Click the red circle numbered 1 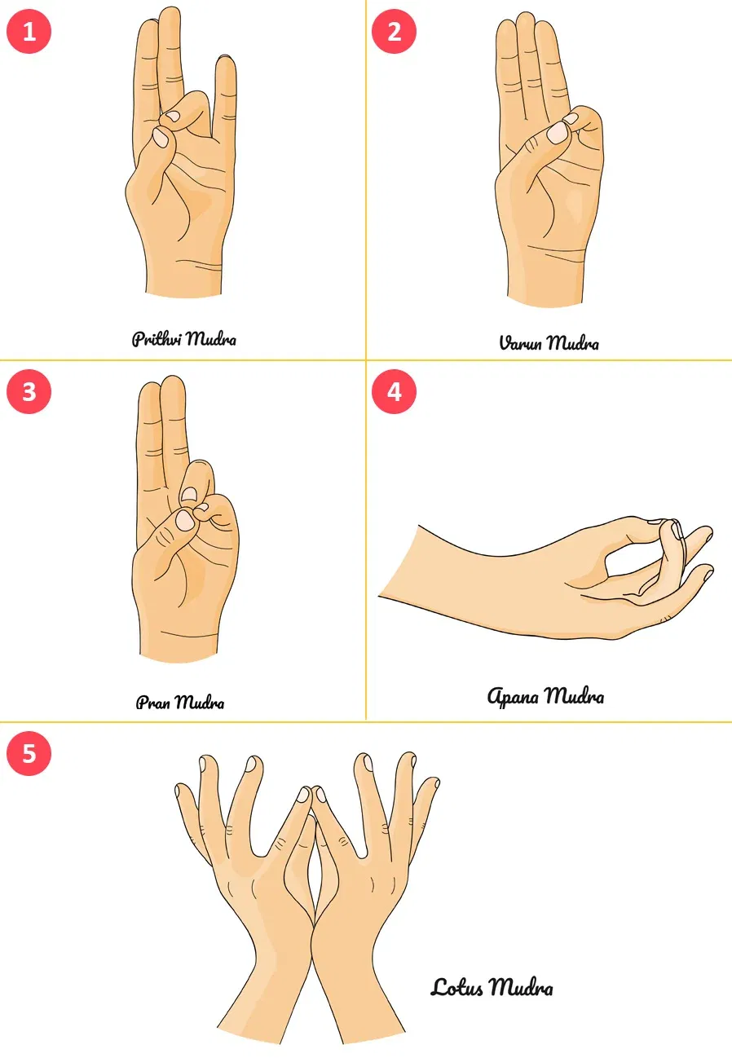pyautogui.click(x=29, y=31)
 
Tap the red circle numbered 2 pyautogui.click(x=394, y=31)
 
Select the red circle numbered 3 pyautogui.click(x=29, y=391)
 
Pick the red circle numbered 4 pyautogui.click(x=394, y=391)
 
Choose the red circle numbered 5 pyautogui.click(x=29, y=753)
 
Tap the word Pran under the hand pyautogui.click(x=152, y=703)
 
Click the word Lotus pyautogui.click(x=456, y=987)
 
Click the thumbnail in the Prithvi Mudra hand pyautogui.click(x=161, y=138)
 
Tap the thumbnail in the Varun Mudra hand pyautogui.click(x=558, y=132)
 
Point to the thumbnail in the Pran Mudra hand pyautogui.click(x=184, y=521)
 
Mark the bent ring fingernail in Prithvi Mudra pyautogui.click(x=174, y=116)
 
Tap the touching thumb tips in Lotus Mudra pyautogui.click(x=312, y=795)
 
